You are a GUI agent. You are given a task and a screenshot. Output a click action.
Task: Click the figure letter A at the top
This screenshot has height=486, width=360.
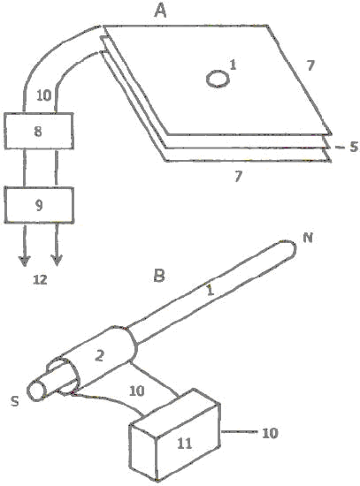click(161, 11)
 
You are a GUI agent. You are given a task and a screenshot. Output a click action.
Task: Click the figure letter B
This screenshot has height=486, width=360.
click(159, 276)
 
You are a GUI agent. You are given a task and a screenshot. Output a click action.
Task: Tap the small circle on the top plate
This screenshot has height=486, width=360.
click(218, 79)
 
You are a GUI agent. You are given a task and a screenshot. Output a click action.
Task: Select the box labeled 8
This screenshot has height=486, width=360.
click(39, 131)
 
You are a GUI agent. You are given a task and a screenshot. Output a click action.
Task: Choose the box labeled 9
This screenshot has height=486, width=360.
click(39, 205)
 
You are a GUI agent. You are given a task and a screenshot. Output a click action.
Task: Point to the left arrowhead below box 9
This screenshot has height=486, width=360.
click(25, 261)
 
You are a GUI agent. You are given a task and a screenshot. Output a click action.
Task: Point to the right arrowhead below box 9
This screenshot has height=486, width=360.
click(57, 261)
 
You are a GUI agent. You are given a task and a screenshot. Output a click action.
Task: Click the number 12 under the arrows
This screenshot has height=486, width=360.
click(41, 280)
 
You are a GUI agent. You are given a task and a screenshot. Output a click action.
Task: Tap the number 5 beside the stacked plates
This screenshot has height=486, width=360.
click(354, 147)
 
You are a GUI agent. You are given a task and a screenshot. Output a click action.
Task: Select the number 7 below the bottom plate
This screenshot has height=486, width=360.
click(238, 177)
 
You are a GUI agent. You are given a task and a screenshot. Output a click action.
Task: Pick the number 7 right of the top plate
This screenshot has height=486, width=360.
click(310, 65)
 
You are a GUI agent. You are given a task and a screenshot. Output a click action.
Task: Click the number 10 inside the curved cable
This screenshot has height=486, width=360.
click(43, 95)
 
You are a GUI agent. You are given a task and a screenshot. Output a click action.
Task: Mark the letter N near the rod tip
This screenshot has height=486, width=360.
click(308, 238)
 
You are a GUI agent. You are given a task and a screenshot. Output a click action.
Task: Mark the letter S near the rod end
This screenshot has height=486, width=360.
click(14, 401)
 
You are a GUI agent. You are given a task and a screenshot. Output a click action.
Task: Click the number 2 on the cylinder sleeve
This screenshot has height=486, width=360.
click(99, 355)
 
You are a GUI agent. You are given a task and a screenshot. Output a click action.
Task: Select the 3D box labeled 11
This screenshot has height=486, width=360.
click(174, 435)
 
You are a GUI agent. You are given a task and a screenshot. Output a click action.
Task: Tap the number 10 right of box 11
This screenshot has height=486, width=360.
click(270, 433)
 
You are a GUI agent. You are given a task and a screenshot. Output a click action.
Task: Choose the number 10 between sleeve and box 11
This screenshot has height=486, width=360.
click(137, 391)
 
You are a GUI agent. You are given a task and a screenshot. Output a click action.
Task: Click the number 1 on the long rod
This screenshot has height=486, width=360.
click(211, 291)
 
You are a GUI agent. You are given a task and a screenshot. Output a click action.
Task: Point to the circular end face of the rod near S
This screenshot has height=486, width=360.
click(36, 391)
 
